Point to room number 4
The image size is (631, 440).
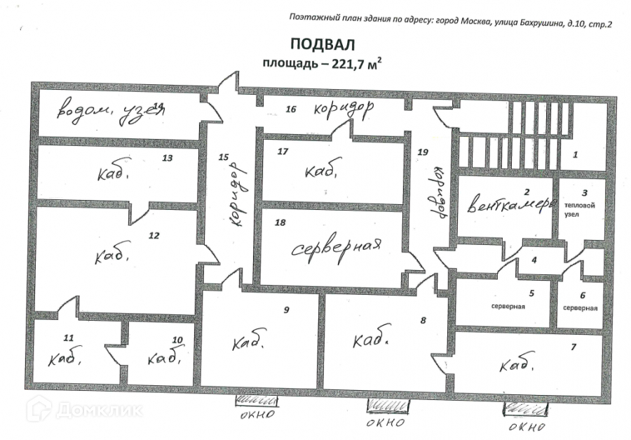(534, 260)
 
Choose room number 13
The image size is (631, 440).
(167, 158)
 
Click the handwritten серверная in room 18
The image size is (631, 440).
(336, 248)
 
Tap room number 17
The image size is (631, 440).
(283, 151)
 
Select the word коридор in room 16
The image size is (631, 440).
(343, 109)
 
